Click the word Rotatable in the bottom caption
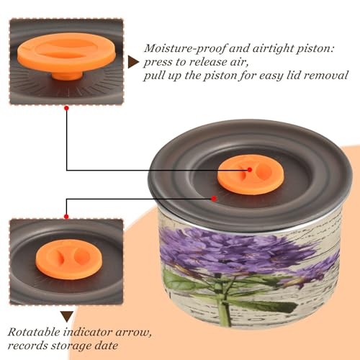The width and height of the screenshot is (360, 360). click(x=34, y=332)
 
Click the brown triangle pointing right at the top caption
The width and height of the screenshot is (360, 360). click(x=133, y=62)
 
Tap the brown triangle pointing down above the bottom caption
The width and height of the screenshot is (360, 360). click(x=67, y=317)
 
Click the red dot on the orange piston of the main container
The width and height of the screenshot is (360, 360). click(x=250, y=170)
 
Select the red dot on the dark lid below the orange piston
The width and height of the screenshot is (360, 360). click(x=214, y=199)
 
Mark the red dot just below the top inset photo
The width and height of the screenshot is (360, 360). click(x=67, y=108)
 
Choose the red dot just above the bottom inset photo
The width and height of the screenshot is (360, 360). click(x=66, y=217)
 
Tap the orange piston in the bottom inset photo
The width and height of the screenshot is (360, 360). click(x=69, y=259)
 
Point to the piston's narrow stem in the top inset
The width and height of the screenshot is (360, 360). click(x=67, y=75)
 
